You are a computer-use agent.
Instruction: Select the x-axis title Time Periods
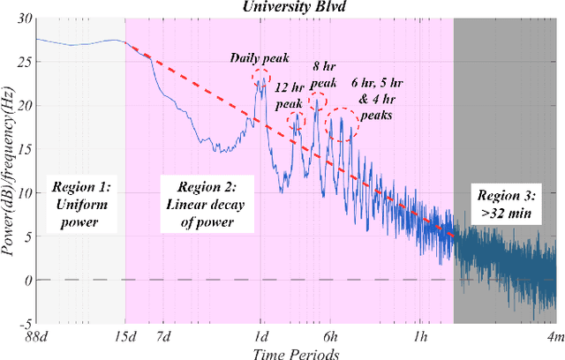295,352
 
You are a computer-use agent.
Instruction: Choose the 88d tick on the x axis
37,336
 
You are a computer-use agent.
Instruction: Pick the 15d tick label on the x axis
124,336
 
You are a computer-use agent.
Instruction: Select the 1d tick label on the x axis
260,336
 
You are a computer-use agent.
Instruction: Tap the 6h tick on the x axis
329,336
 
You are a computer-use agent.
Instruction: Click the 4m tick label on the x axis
553,336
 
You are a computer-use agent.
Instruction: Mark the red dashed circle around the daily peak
261,79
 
